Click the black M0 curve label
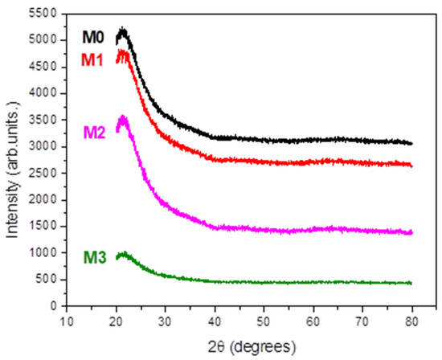coord(93,37)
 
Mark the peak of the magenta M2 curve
coord(123,118)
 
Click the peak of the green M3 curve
coord(122,255)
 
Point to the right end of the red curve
coord(411,165)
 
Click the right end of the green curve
coord(411,283)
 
